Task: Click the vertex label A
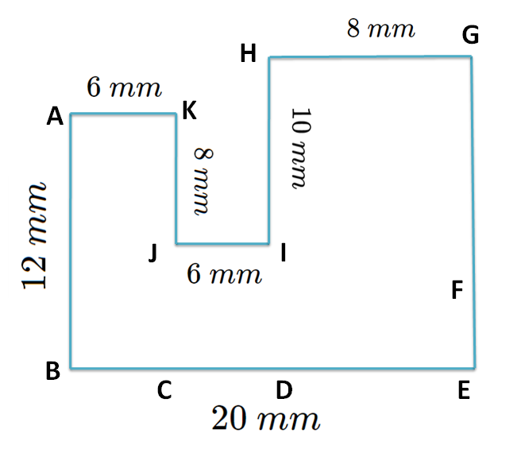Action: pos(55,118)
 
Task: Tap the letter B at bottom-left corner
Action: pos(53,371)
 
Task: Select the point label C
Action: pos(164,390)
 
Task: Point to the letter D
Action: pos(283,390)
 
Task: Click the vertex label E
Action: pos(465,390)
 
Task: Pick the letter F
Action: pos(457,291)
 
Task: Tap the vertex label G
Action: pos(470,35)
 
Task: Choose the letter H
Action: pos(248,54)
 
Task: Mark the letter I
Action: pos(284,254)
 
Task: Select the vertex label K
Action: pos(189,111)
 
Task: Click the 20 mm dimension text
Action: pos(265,418)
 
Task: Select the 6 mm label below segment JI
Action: pos(224,275)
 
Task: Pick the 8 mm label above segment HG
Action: pos(380,29)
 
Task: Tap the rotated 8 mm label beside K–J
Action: pos(203,180)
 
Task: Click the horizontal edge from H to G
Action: pos(370,56)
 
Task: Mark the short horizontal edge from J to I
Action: pos(222,243)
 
